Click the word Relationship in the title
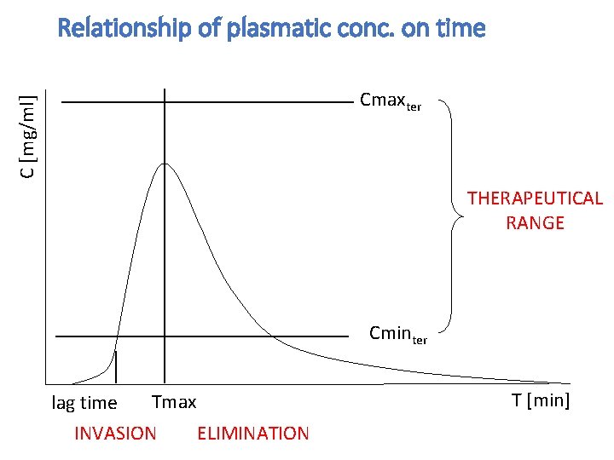tap(123, 29)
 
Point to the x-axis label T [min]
tap(540, 400)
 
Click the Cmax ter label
tap(390, 101)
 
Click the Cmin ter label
tap(397, 334)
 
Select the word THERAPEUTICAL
tap(535, 198)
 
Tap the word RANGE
tap(535, 223)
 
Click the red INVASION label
tap(115, 434)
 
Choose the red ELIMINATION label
tap(252, 434)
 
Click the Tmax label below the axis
tap(174, 401)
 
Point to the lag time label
tap(84, 403)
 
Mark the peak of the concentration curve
tap(165, 163)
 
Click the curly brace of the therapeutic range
tap(452, 218)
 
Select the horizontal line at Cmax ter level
tap(256, 102)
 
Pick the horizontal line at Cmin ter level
tap(256, 336)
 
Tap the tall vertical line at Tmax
tap(164, 256)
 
